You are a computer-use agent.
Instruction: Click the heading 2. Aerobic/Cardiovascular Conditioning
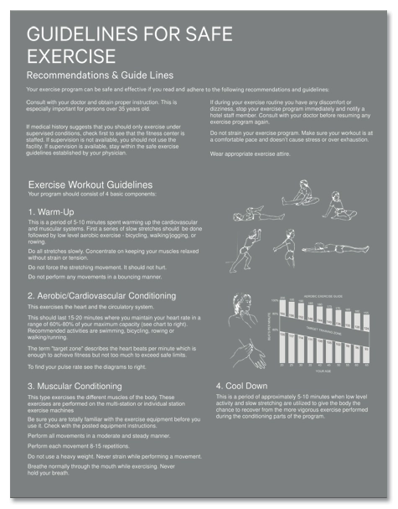[x=102, y=296]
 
